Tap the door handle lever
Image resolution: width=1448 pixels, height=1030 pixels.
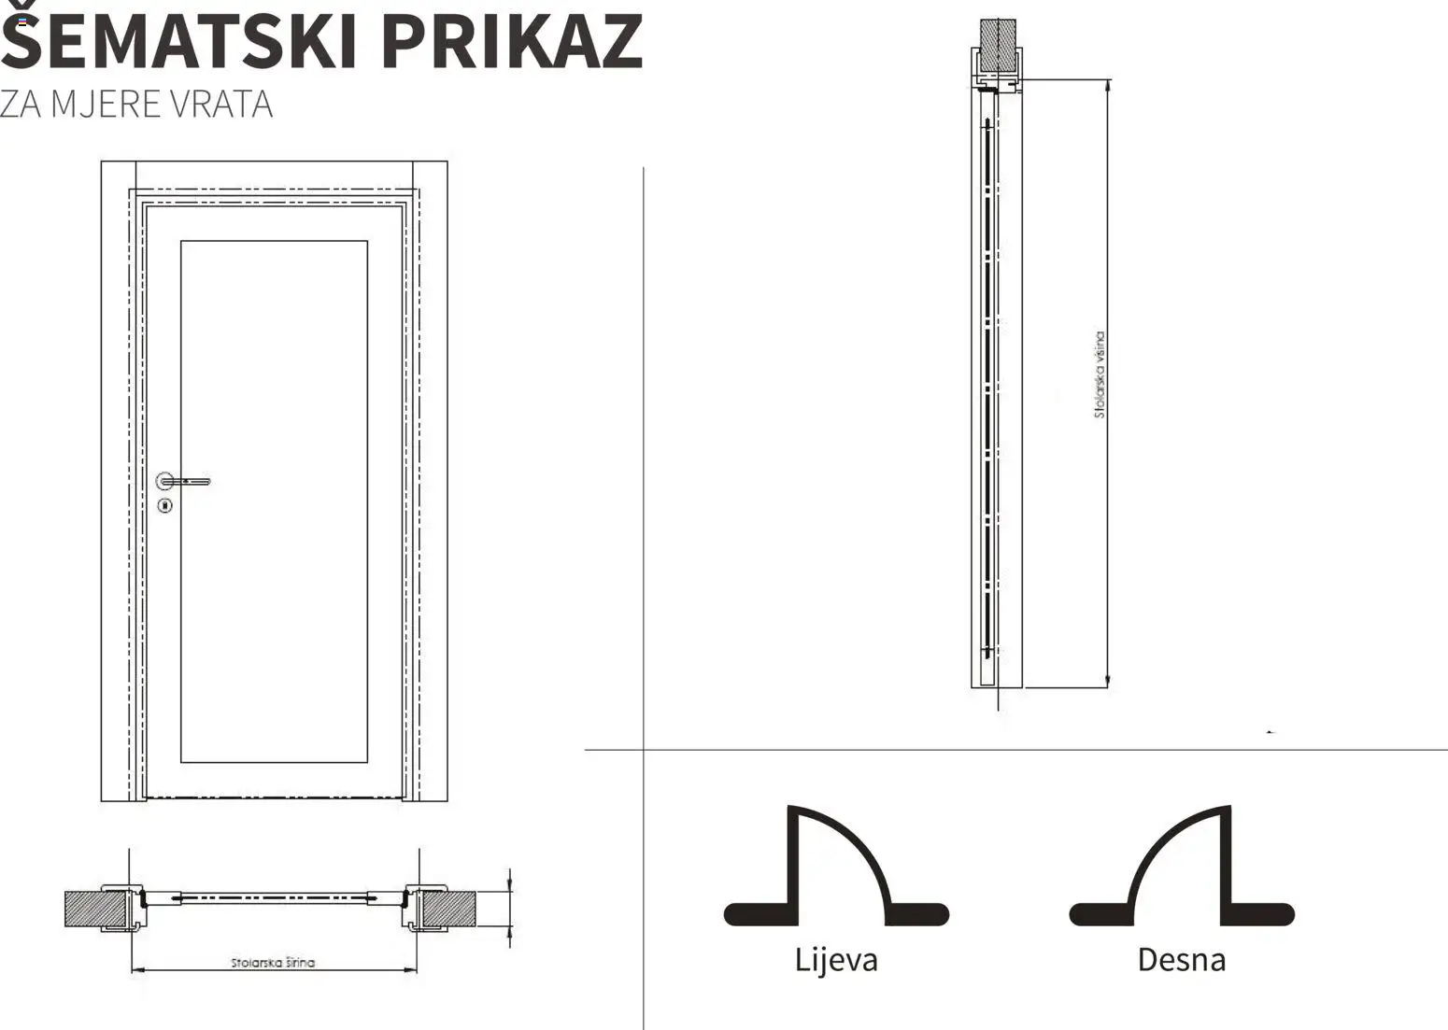click(x=191, y=482)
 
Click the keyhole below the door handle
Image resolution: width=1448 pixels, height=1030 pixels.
click(x=165, y=506)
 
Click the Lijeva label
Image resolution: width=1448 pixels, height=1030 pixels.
click(x=836, y=960)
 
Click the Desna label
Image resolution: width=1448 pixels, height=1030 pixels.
click(x=1181, y=960)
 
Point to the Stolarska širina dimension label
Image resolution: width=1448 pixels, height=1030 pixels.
click(x=273, y=962)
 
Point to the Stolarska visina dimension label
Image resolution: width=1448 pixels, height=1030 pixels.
click(x=1100, y=374)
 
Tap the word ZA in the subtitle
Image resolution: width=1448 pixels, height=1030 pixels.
click(x=21, y=105)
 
